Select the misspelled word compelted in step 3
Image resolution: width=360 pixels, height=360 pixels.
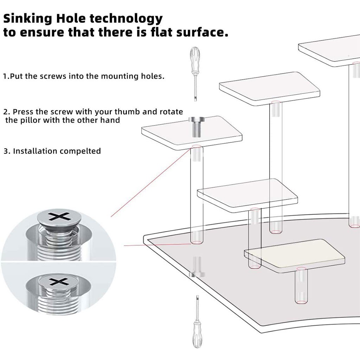(x=80, y=151)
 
